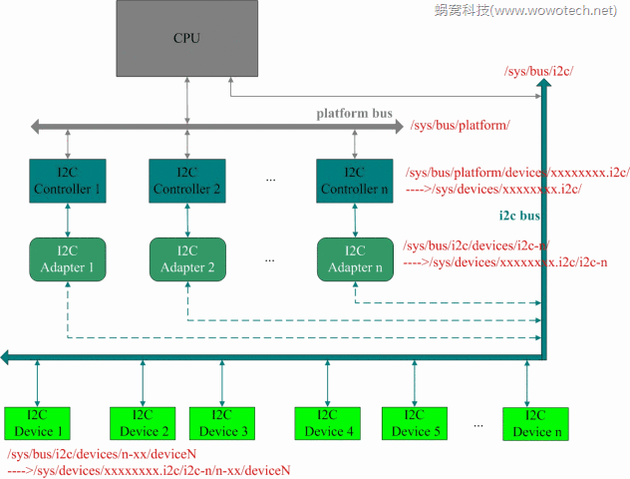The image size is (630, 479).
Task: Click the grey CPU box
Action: (x=185, y=39)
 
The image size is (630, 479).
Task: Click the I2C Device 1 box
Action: (x=38, y=423)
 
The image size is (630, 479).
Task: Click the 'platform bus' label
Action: (x=354, y=113)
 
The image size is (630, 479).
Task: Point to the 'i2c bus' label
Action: (x=519, y=216)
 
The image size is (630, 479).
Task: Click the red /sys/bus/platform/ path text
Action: (x=460, y=126)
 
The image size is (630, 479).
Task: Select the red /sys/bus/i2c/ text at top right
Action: (x=540, y=71)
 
